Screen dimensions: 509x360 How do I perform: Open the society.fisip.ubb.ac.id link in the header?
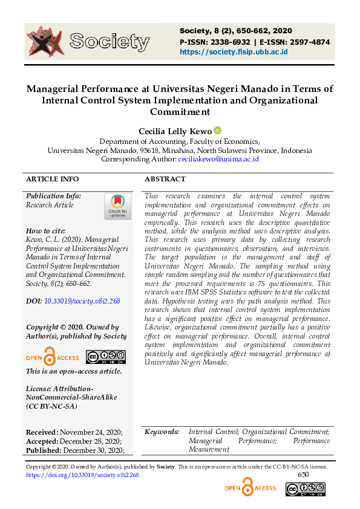pyautogui.click(x=234, y=52)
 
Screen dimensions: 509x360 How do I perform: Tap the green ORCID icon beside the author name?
pyautogui.click(x=218, y=131)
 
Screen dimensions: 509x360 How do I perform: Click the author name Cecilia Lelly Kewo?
pyautogui.click(x=175, y=131)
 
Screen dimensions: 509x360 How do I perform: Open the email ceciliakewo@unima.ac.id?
pyautogui.click(x=218, y=159)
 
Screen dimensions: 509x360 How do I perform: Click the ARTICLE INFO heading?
pyautogui.click(x=52, y=179)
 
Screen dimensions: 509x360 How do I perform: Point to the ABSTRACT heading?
pyautogui.click(x=165, y=179)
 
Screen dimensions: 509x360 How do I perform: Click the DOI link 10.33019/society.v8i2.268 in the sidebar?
pyautogui.click(x=82, y=300)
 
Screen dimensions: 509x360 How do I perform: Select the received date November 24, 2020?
pyautogui.click(x=91, y=432)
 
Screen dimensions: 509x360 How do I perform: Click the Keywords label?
pyautogui.click(x=162, y=432)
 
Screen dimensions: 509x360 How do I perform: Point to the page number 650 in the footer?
pyautogui.click(x=303, y=475)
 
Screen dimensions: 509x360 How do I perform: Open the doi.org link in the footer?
pyautogui.click(x=82, y=475)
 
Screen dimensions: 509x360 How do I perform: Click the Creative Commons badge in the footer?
pyautogui.click(x=313, y=488)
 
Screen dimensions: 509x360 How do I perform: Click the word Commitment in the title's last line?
pyautogui.click(x=180, y=112)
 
